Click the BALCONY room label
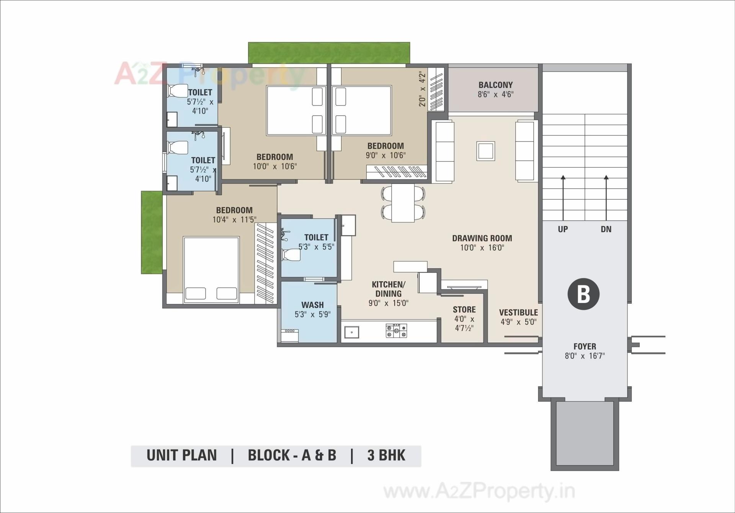pyautogui.click(x=495, y=85)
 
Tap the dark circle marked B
pyautogui.click(x=583, y=294)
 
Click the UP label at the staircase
pyautogui.click(x=563, y=229)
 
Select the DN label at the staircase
pyautogui.click(x=606, y=229)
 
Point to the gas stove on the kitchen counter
pyautogui.click(x=396, y=331)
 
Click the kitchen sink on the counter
pyautogui.click(x=351, y=332)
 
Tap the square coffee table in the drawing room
pyautogui.click(x=485, y=151)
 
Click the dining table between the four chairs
pyautogui.click(x=403, y=203)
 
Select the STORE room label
pyautogui.click(x=464, y=309)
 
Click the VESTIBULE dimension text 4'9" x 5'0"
pyautogui.click(x=518, y=322)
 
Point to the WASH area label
pyautogui.click(x=312, y=305)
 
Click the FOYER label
pyautogui.click(x=585, y=346)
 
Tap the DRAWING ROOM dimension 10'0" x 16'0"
pyautogui.click(x=482, y=248)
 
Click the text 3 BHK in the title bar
pyautogui.click(x=386, y=456)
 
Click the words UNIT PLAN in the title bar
pyautogui.click(x=182, y=456)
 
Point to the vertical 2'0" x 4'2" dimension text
pyautogui.click(x=422, y=89)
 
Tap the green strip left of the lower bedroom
pyautogui.click(x=152, y=232)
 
